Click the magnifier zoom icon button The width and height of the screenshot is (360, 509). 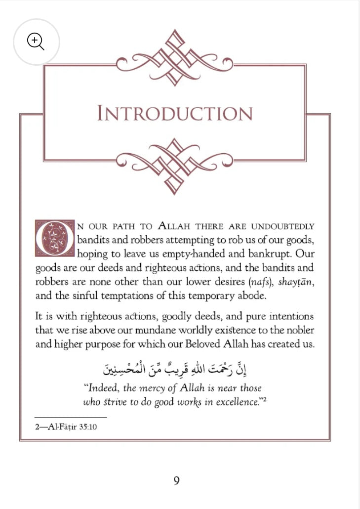[36, 42]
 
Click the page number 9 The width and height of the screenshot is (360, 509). [176, 480]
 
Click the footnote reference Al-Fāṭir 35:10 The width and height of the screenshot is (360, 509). [66, 427]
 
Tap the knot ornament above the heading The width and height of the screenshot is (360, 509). [174, 58]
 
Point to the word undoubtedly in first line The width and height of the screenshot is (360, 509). [283, 227]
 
